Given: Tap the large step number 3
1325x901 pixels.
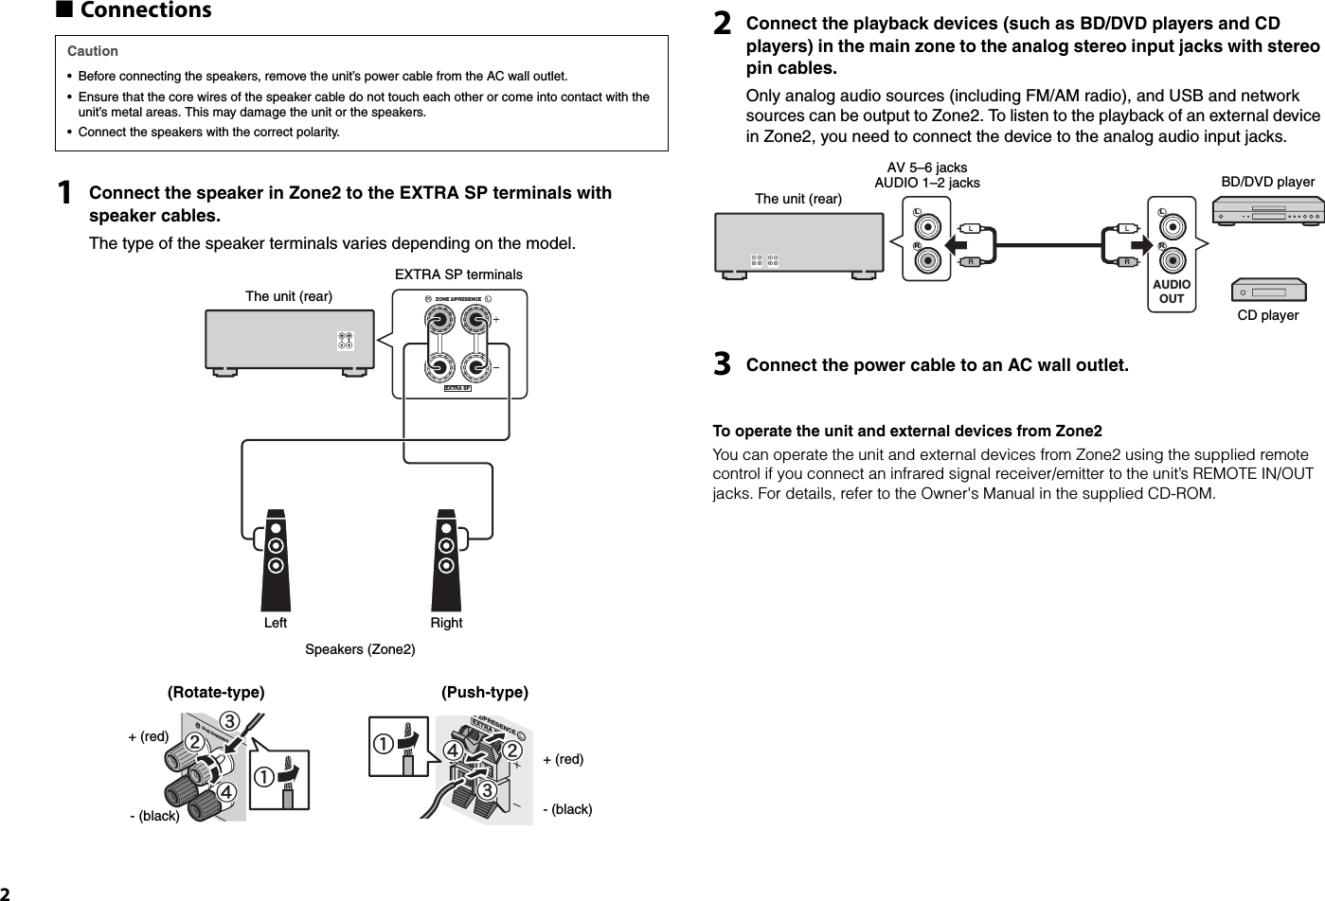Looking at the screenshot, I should [x=722, y=364].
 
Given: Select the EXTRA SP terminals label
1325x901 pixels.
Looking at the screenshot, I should [x=458, y=274].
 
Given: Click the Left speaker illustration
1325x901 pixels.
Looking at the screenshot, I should [x=276, y=560].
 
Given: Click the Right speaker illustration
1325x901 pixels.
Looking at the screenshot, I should [x=446, y=560].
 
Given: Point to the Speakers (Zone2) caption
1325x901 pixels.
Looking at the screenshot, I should [x=360, y=649].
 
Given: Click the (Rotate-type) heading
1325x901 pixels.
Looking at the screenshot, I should [x=216, y=692].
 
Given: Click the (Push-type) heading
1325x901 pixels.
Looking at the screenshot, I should [x=485, y=692].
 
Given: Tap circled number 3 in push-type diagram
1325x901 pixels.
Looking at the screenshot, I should [x=487, y=787].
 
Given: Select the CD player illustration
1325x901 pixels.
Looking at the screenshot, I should [x=1267, y=291].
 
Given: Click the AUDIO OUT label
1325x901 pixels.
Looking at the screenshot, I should [x=1172, y=291].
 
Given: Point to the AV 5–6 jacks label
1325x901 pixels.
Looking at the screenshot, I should [x=926, y=168].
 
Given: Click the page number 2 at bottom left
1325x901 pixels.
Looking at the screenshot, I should [x=6, y=892].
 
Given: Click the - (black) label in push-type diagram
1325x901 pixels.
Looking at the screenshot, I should [x=567, y=809].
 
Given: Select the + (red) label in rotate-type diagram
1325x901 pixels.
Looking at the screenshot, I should [x=148, y=736].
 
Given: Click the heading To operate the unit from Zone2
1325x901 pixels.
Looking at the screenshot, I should [x=907, y=432].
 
